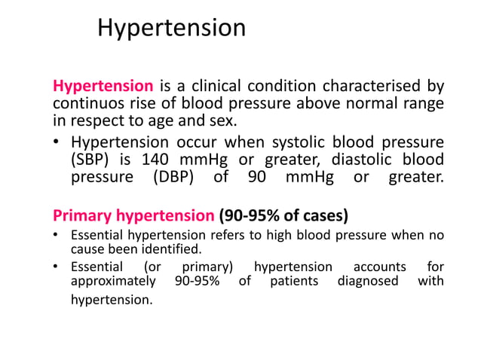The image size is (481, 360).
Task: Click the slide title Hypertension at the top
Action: pyautogui.click(x=172, y=28)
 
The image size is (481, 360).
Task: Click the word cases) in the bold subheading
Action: pyautogui.click(x=325, y=216)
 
